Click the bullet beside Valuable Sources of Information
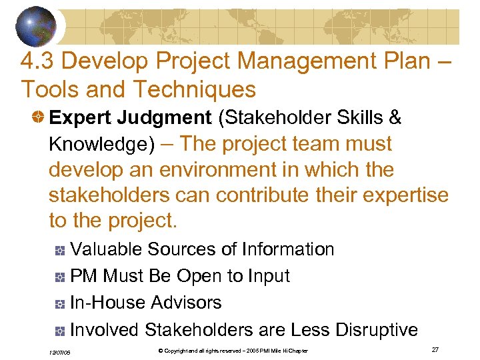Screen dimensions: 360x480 click(60, 251)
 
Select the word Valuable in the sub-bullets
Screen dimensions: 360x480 click(106, 249)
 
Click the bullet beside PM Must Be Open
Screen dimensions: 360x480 click(60, 277)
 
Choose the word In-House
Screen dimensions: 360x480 click(107, 303)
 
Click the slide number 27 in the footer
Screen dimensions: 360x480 click(435, 350)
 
